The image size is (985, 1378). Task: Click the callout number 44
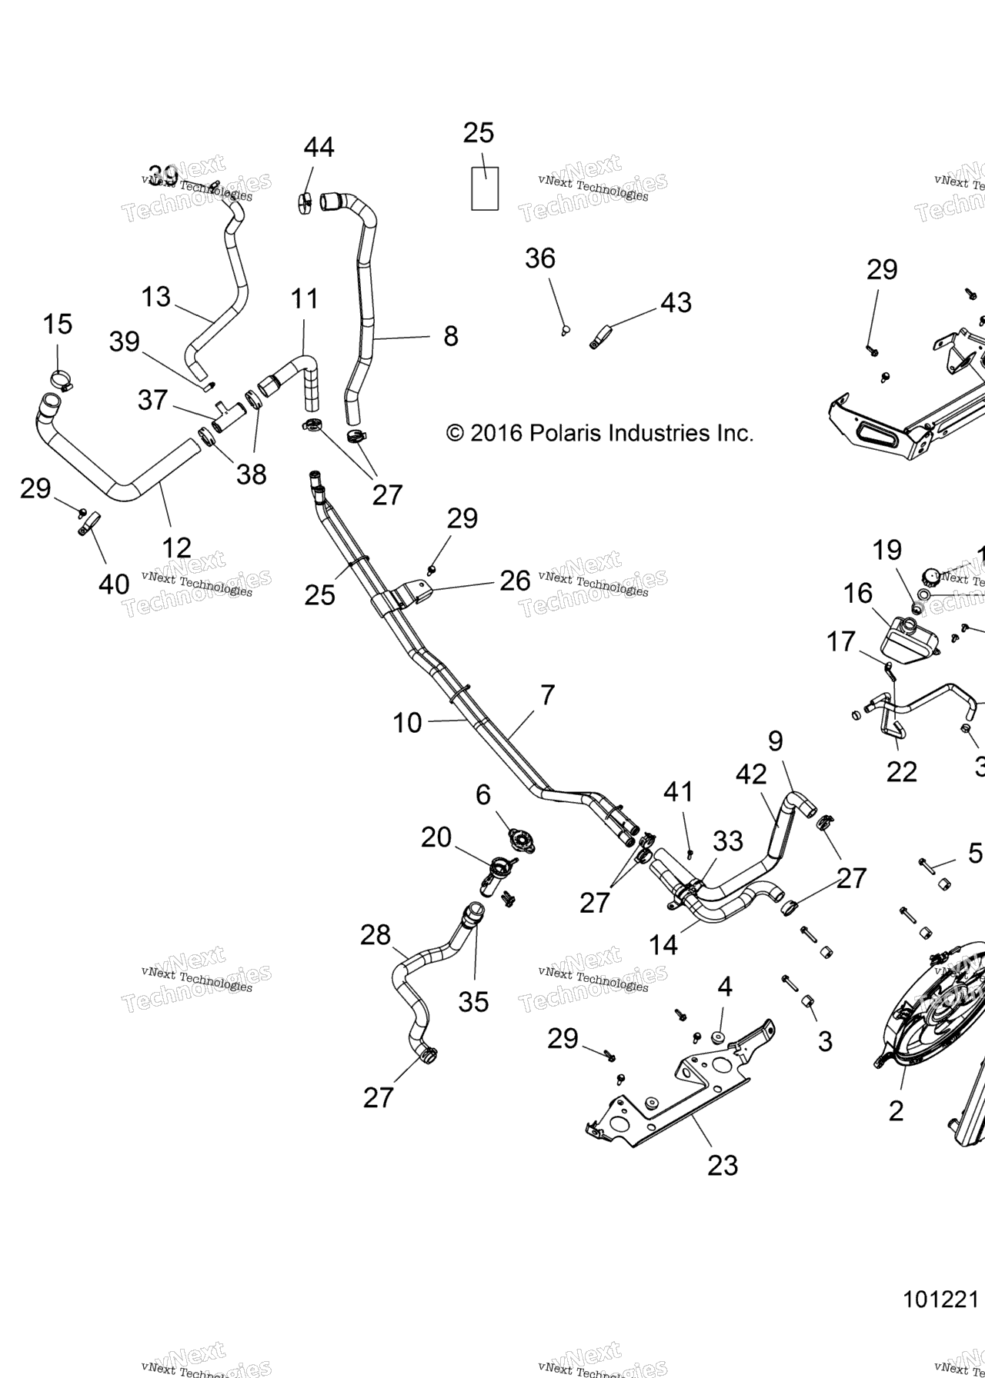pos(319,147)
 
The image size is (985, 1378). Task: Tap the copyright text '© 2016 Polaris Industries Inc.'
pos(599,434)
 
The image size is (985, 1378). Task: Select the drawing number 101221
pos(940,1299)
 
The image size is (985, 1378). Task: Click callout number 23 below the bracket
pos(723,1165)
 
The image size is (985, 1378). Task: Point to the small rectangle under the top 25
pos(485,188)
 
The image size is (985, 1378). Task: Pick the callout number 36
pos(540,258)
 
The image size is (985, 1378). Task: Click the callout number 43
pos(676,302)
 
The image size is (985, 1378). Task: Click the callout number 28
pos(376,935)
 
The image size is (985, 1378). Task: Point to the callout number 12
pos(176,548)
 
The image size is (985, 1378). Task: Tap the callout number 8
pos(451,335)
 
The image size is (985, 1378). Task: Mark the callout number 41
pos(679,791)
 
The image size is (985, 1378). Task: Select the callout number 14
pos(663,944)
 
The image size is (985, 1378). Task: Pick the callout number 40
pos(114,584)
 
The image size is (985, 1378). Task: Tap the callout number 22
pos(901,771)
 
